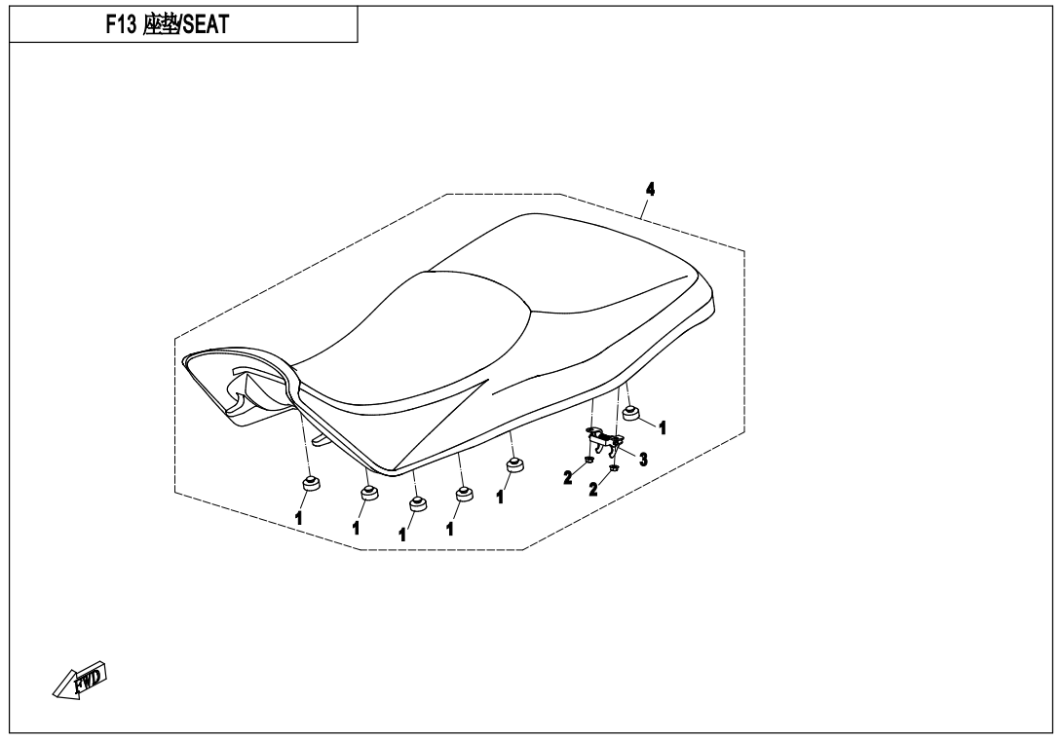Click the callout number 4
coord(650,190)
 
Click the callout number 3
coord(643,457)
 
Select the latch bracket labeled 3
coord(604,439)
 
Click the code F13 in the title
coord(122,22)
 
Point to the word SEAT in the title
coord(205,22)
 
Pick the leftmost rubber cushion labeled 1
coord(312,484)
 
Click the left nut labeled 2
coord(589,460)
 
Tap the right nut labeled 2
coord(614,468)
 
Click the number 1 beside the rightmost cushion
coord(662,426)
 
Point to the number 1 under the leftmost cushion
coord(299,518)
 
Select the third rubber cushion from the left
coord(417,503)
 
